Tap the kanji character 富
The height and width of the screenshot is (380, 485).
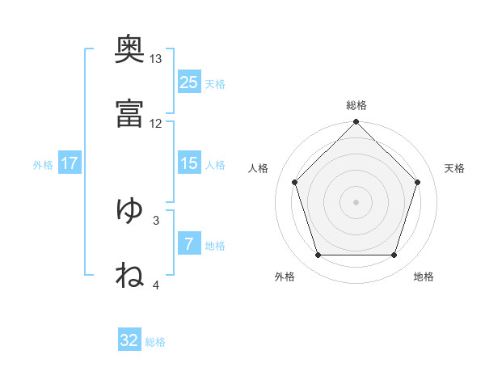[x=129, y=115]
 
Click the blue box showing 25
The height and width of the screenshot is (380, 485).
[x=189, y=82]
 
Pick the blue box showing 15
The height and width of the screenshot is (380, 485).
[x=189, y=163]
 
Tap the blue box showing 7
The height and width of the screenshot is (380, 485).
[x=189, y=244]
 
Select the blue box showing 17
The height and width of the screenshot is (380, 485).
[x=70, y=163]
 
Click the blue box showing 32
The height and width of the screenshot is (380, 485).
[x=129, y=340]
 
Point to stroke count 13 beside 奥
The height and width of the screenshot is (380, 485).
[x=156, y=59]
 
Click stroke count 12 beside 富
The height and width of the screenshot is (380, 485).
[x=156, y=123]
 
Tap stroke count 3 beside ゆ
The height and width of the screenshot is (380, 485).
[x=156, y=219]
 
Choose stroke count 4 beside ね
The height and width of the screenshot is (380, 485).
[x=156, y=284]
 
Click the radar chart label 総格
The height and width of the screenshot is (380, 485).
[x=356, y=105]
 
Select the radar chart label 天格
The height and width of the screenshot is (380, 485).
[x=455, y=168]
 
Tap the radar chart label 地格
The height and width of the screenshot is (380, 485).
[x=424, y=277]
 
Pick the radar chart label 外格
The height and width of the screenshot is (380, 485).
[x=285, y=277]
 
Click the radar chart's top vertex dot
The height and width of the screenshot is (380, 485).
[x=356, y=123]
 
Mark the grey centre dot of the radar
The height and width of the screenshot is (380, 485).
[x=356, y=201]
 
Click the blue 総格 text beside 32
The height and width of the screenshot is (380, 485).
[x=155, y=342]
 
